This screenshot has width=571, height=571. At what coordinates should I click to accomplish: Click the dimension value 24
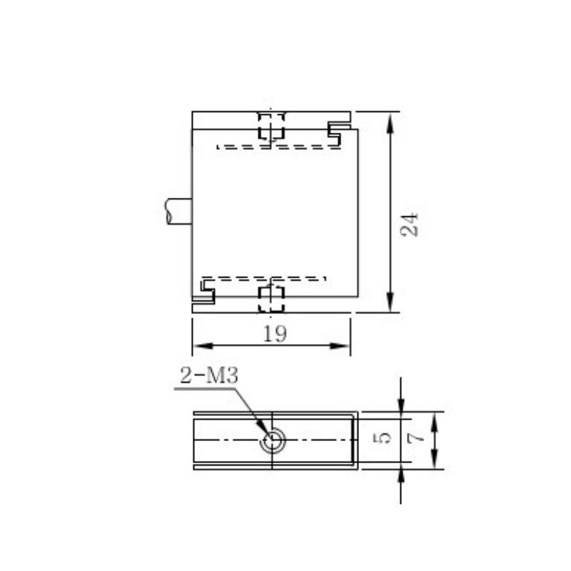409,225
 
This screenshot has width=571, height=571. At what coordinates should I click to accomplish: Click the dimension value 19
275,333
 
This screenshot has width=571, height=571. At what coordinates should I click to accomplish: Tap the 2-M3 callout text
209,375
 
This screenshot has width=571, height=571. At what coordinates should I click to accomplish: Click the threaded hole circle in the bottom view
273,440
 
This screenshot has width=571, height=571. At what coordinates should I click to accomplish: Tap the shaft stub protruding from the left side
179,211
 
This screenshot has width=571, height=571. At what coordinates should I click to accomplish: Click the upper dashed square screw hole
271,126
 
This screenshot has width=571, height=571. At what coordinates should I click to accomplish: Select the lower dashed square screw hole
271,299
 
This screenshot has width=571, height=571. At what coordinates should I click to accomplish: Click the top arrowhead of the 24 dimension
390,122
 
